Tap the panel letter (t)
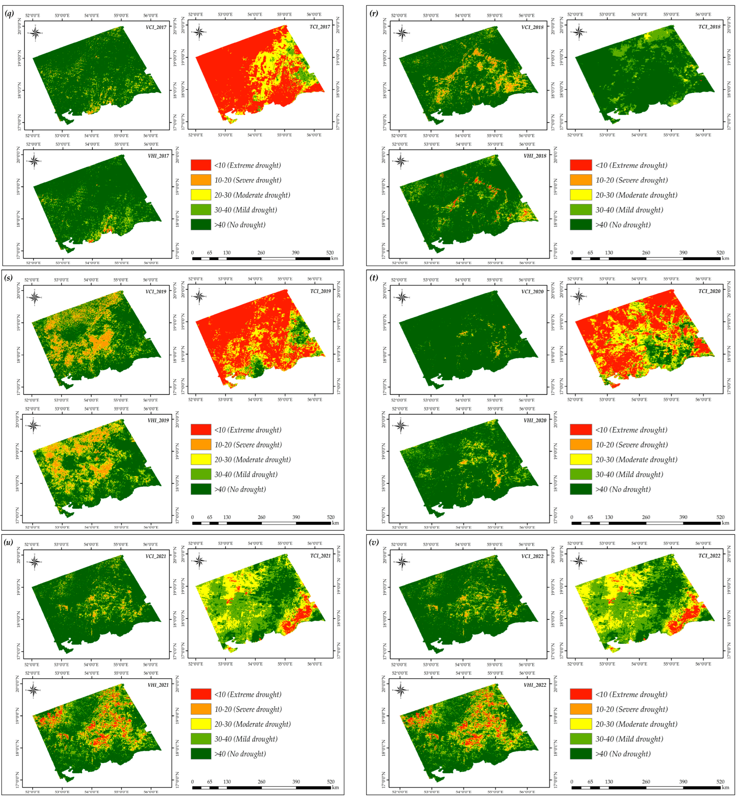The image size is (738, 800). (374, 278)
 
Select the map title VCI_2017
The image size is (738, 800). (156, 27)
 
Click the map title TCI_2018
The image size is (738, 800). (709, 27)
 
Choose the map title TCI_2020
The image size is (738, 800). (709, 291)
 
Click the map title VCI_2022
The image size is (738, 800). (532, 556)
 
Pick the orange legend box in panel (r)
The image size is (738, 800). (581, 180)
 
